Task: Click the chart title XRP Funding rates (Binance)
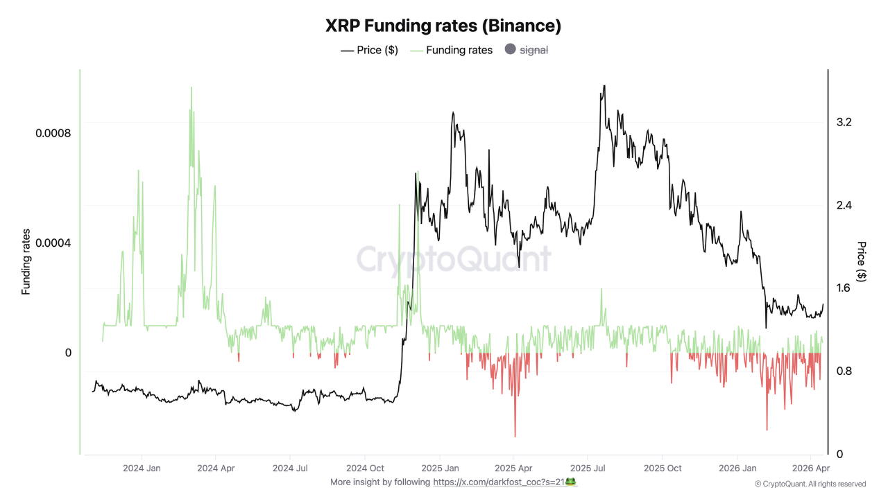pyautogui.click(x=443, y=26)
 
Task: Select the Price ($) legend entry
pyautogui.click(x=369, y=50)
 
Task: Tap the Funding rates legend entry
pyautogui.click(x=452, y=50)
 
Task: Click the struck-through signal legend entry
pyautogui.click(x=527, y=50)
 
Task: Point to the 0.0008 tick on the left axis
pyautogui.click(x=53, y=132)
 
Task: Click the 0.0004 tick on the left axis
pyautogui.click(x=53, y=243)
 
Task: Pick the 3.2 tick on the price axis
pyautogui.click(x=844, y=123)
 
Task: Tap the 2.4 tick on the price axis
pyautogui.click(x=844, y=206)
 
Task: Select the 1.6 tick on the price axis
pyautogui.click(x=844, y=288)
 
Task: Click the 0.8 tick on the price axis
pyautogui.click(x=844, y=371)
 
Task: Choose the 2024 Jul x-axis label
pyautogui.click(x=291, y=469)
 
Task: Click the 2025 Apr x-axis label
pyautogui.click(x=513, y=469)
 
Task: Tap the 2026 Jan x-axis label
pyautogui.click(x=737, y=469)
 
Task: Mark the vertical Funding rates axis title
pyautogui.click(x=26, y=262)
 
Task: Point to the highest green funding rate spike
pyautogui.click(x=191, y=89)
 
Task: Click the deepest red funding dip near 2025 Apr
pyautogui.click(x=515, y=435)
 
